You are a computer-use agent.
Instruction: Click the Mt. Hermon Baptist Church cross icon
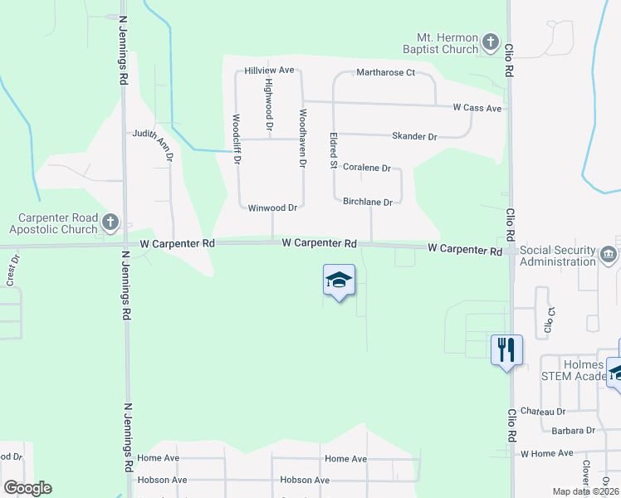tap(491, 41)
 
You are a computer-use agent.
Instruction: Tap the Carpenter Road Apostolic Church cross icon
tap(110, 222)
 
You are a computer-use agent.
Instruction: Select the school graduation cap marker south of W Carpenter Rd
tap(339, 281)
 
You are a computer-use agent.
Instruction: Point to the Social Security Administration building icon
tap(609, 255)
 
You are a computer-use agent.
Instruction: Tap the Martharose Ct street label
tap(385, 73)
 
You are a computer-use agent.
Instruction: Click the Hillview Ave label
tap(269, 71)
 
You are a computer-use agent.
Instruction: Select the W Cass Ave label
tap(477, 108)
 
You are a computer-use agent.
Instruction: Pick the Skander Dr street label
tap(414, 136)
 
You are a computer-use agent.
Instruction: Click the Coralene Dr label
tap(366, 168)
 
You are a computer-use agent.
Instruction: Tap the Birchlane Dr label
tap(367, 202)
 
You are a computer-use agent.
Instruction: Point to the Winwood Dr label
tap(272, 207)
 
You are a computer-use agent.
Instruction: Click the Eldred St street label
tap(333, 149)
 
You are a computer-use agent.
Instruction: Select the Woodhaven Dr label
tap(303, 138)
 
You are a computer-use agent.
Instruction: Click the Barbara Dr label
tap(574, 431)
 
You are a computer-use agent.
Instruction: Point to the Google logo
tap(27, 488)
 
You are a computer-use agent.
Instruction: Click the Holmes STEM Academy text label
tap(572, 369)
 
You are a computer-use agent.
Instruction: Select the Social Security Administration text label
tap(558, 256)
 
